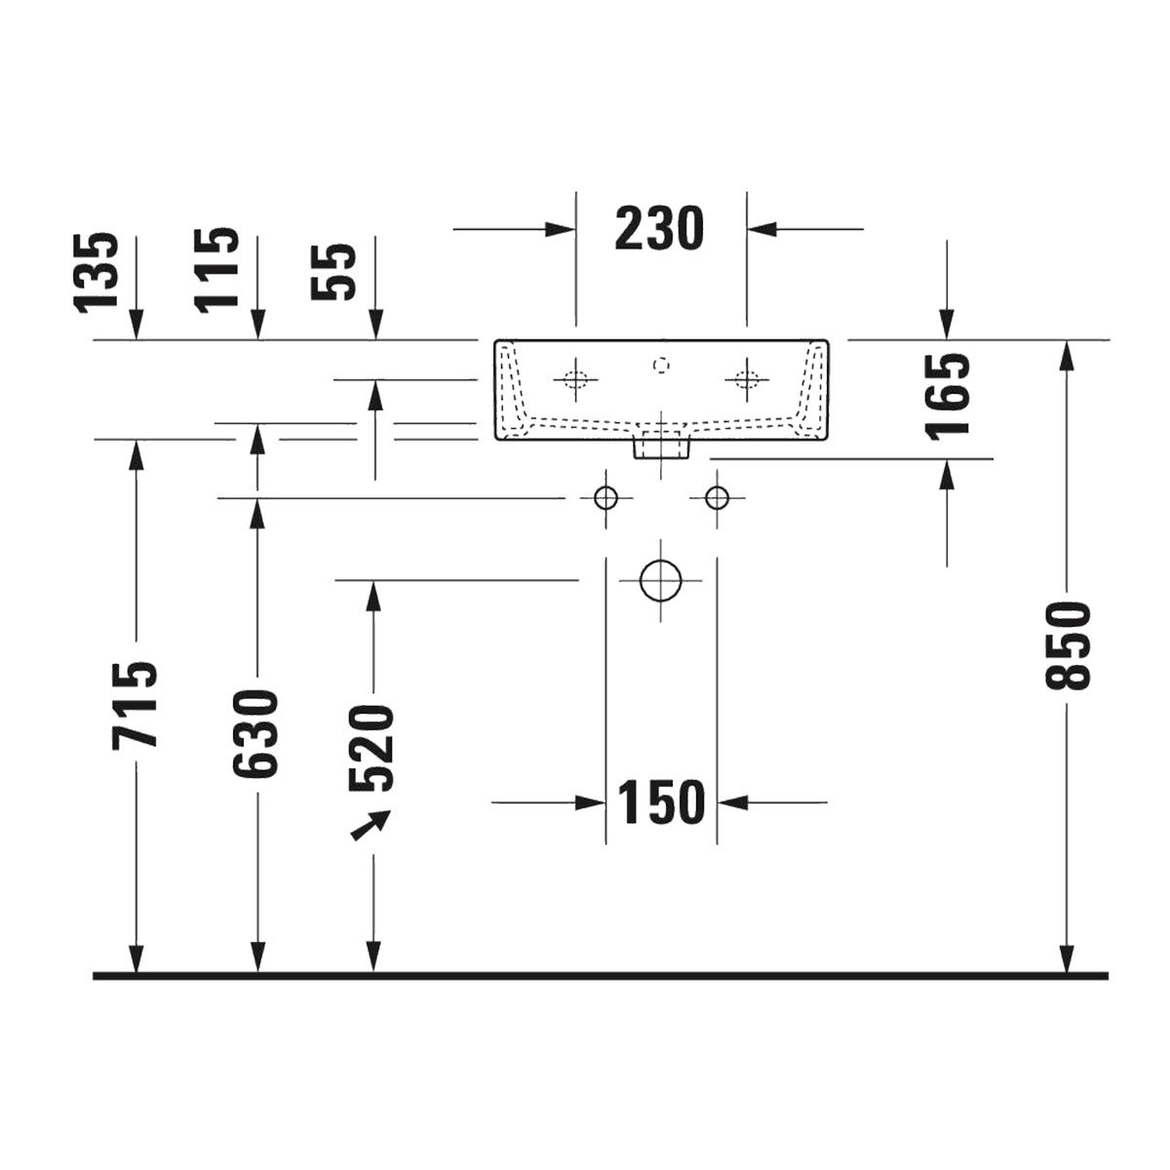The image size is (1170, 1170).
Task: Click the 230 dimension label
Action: [x=659, y=229]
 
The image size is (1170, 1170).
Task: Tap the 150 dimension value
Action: [x=661, y=802]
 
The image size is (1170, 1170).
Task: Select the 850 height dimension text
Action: [x=1068, y=645]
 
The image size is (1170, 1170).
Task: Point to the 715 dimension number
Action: [x=135, y=705]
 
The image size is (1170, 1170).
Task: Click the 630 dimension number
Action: [x=255, y=733]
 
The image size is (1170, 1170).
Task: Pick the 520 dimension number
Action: [x=371, y=749]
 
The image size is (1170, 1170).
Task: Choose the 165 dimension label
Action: [x=947, y=396]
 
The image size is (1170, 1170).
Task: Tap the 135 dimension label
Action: [x=95, y=273]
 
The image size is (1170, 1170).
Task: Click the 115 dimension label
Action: [x=215, y=271]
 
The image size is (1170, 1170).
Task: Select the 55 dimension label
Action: [x=332, y=271]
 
